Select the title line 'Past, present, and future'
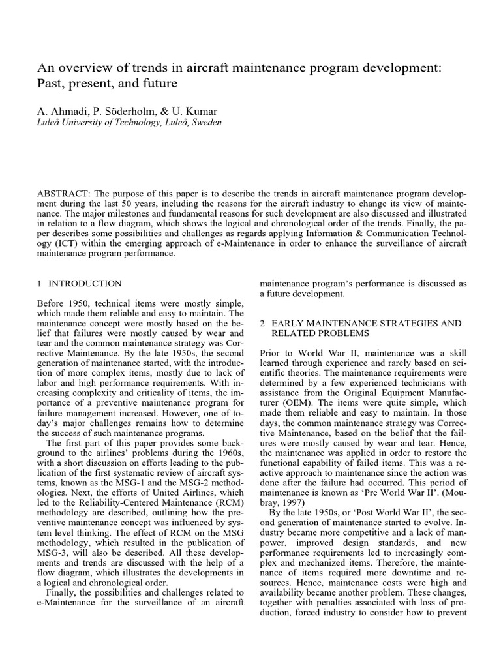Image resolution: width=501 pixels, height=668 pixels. [x=102, y=84]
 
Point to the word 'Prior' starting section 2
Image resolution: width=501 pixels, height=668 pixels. [x=271, y=353]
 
